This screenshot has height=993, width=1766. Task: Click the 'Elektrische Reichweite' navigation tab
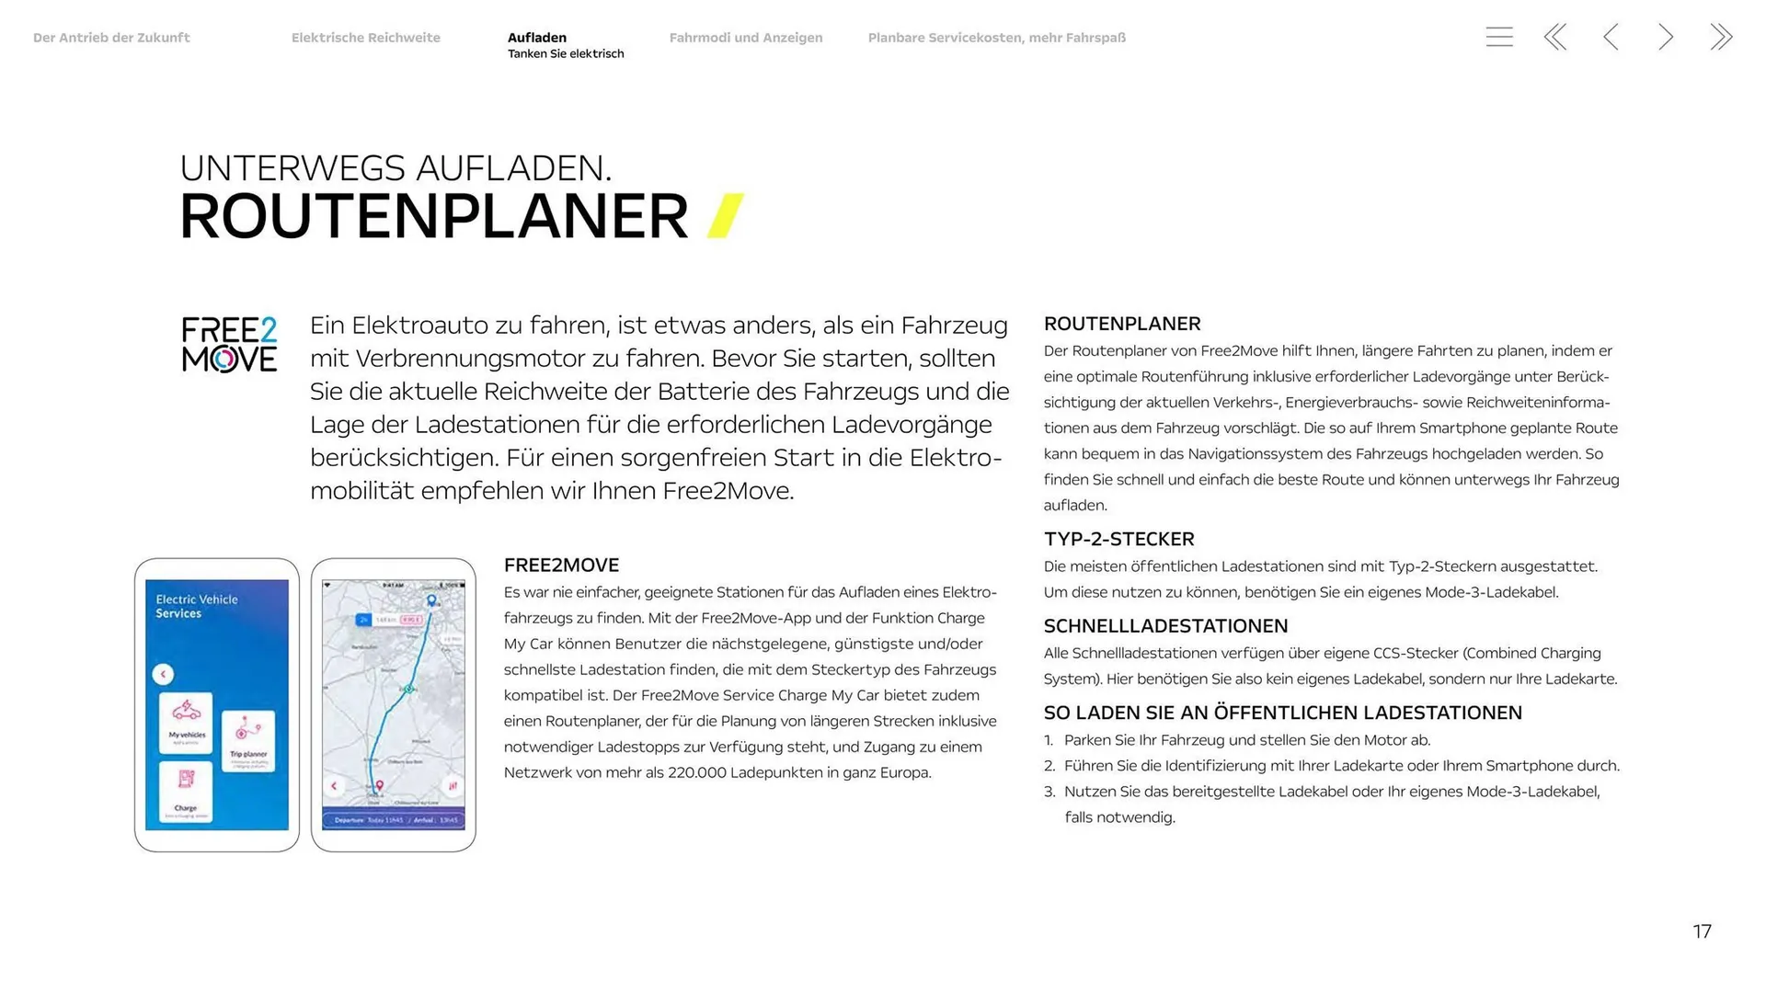coord(365,38)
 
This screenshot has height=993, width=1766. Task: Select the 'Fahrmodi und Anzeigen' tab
coord(745,38)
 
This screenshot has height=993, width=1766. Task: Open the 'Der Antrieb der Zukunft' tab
coord(111,38)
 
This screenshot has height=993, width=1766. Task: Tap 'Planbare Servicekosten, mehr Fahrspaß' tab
coord(996,38)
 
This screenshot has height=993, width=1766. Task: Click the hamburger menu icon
coord(1498,37)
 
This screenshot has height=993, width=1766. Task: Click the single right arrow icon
coord(1665,37)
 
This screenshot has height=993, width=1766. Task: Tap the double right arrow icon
coord(1721,37)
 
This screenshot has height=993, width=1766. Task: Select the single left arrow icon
coord(1611,37)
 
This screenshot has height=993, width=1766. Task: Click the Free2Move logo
coord(229,345)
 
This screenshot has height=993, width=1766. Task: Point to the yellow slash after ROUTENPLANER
coord(725,216)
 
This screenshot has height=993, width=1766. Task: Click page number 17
coord(1702,931)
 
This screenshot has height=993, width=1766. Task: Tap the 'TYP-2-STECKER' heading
coord(1118,539)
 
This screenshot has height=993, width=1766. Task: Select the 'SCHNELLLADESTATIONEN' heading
coord(1165,626)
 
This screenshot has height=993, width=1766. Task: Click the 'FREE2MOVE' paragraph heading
coord(561,565)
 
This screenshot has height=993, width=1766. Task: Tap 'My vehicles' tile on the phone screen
coord(187,720)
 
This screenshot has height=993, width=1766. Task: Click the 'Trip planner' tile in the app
coord(247,740)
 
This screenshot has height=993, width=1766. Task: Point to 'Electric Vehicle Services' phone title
coord(197,606)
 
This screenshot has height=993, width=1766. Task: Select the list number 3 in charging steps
coord(1049,792)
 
